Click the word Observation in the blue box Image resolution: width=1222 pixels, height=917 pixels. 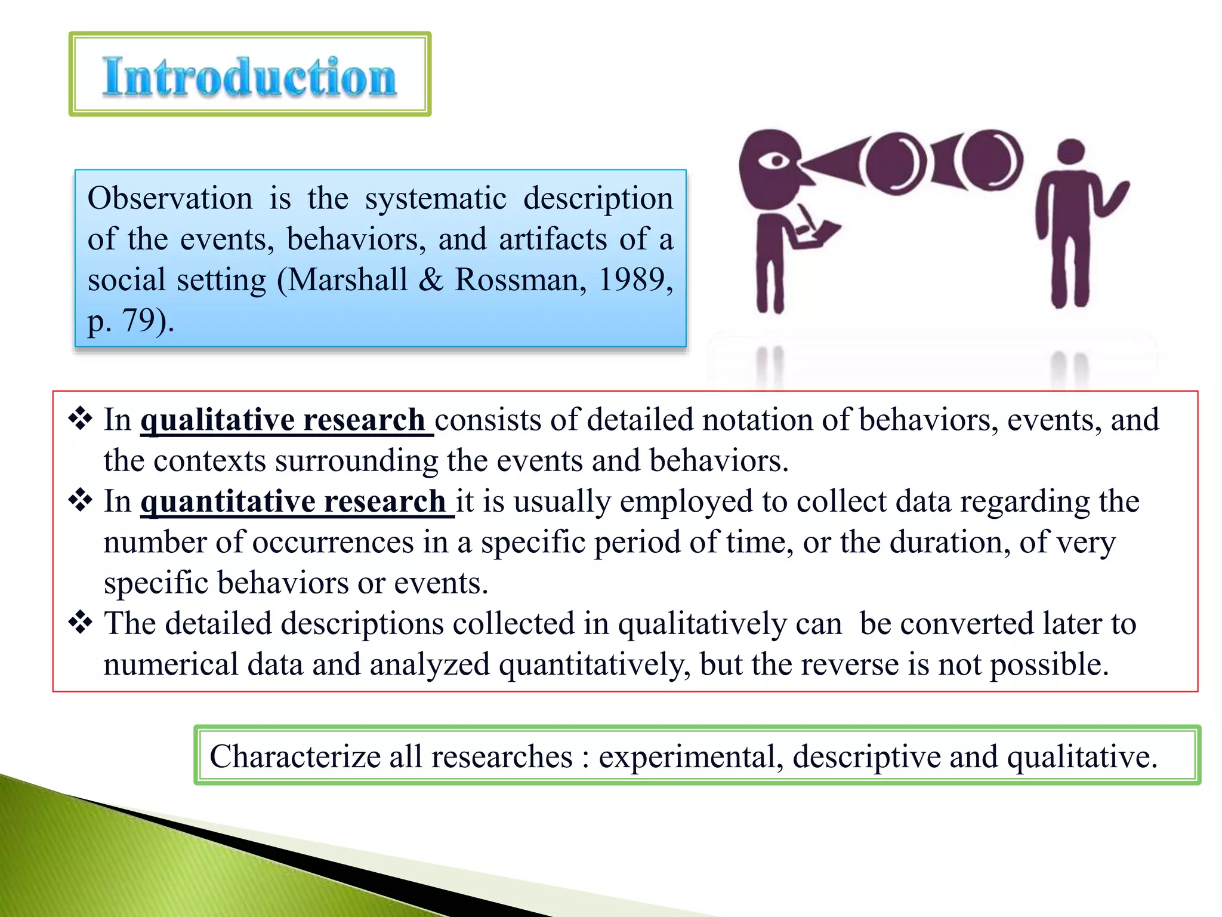click(170, 198)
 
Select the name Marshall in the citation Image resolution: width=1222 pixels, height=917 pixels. click(348, 279)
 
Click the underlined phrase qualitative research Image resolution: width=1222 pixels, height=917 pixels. click(283, 420)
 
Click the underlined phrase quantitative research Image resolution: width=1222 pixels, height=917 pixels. click(294, 501)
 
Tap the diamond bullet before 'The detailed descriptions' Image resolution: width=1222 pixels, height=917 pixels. click(80, 623)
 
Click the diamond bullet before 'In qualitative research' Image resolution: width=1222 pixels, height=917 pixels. click(80, 419)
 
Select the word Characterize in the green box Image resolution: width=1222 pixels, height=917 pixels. click(295, 756)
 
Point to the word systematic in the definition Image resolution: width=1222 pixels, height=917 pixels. click(436, 198)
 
